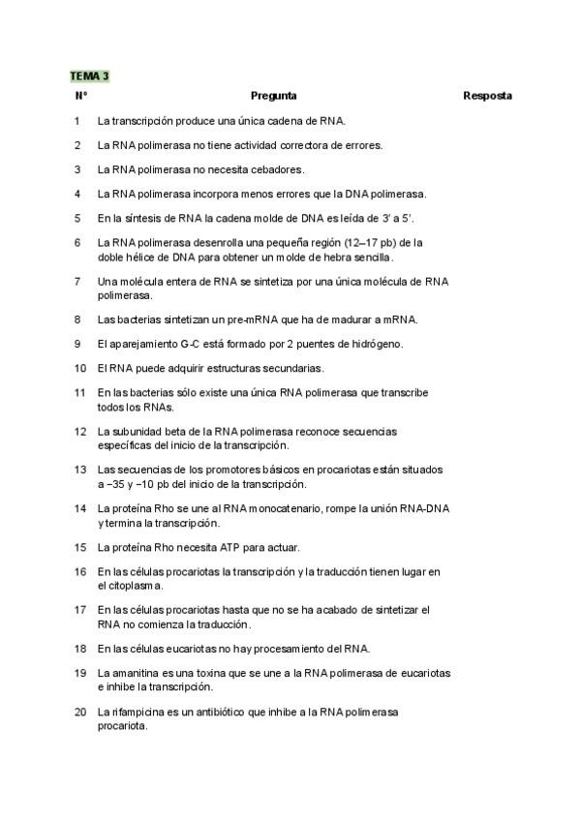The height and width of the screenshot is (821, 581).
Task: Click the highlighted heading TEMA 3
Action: [89, 76]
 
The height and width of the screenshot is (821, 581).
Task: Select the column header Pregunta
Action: [273, 96]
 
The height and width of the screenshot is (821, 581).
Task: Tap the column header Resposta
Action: [487, 96]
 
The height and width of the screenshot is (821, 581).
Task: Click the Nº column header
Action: [80, 96]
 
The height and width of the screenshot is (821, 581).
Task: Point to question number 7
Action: [76, 281]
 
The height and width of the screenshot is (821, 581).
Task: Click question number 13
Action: [79, 470]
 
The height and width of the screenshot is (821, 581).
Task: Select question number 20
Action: [79, 712]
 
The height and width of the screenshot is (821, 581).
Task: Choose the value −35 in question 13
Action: [117, 483]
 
